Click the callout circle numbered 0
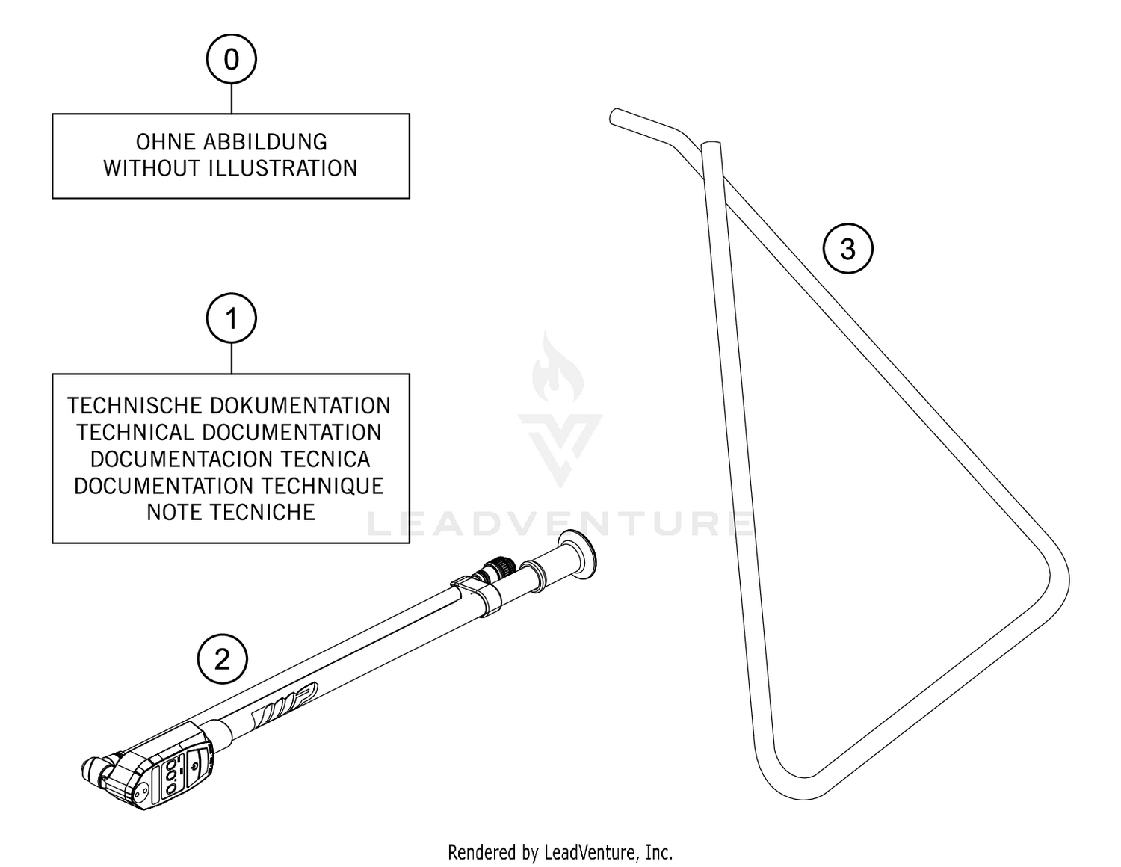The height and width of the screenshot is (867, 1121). (231, 59)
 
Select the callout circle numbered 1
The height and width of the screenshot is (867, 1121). (231, 318)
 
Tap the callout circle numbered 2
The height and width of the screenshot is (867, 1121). (222, 660)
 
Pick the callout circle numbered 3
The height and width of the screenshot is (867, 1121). (847, 249)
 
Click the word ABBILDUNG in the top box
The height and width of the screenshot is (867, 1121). (265, 142)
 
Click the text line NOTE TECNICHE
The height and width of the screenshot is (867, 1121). (231, 513)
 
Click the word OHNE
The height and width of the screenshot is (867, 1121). (166, 142)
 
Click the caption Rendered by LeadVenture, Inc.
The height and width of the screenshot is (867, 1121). (560, 852)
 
